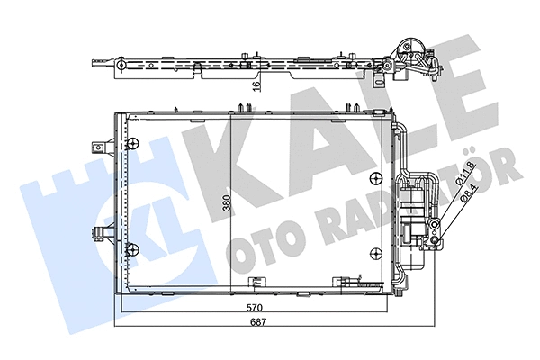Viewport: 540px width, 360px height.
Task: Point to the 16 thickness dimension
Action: [x=256, y=86]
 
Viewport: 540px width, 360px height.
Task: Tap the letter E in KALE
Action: [x=473, y=86]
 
